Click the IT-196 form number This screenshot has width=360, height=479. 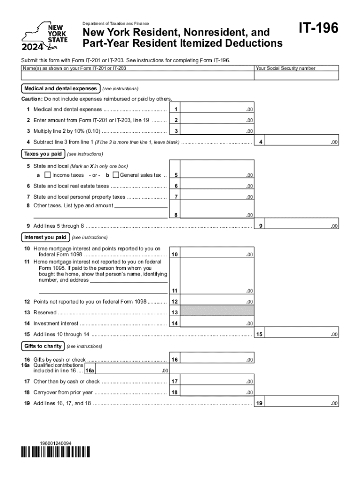[318, 29]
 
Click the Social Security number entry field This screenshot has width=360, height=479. [296, 76]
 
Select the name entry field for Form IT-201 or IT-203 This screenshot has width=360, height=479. [137, 76]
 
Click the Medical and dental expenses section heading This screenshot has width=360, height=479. [60, 88]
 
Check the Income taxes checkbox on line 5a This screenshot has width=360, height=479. [47, 175]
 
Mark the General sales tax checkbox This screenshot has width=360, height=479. [116, 175]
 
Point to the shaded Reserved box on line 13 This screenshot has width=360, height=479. [217, 312]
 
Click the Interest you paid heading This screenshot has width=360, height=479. [45, 237]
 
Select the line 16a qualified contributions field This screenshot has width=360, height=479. [132, 370]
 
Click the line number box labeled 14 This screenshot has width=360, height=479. [174, 323]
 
